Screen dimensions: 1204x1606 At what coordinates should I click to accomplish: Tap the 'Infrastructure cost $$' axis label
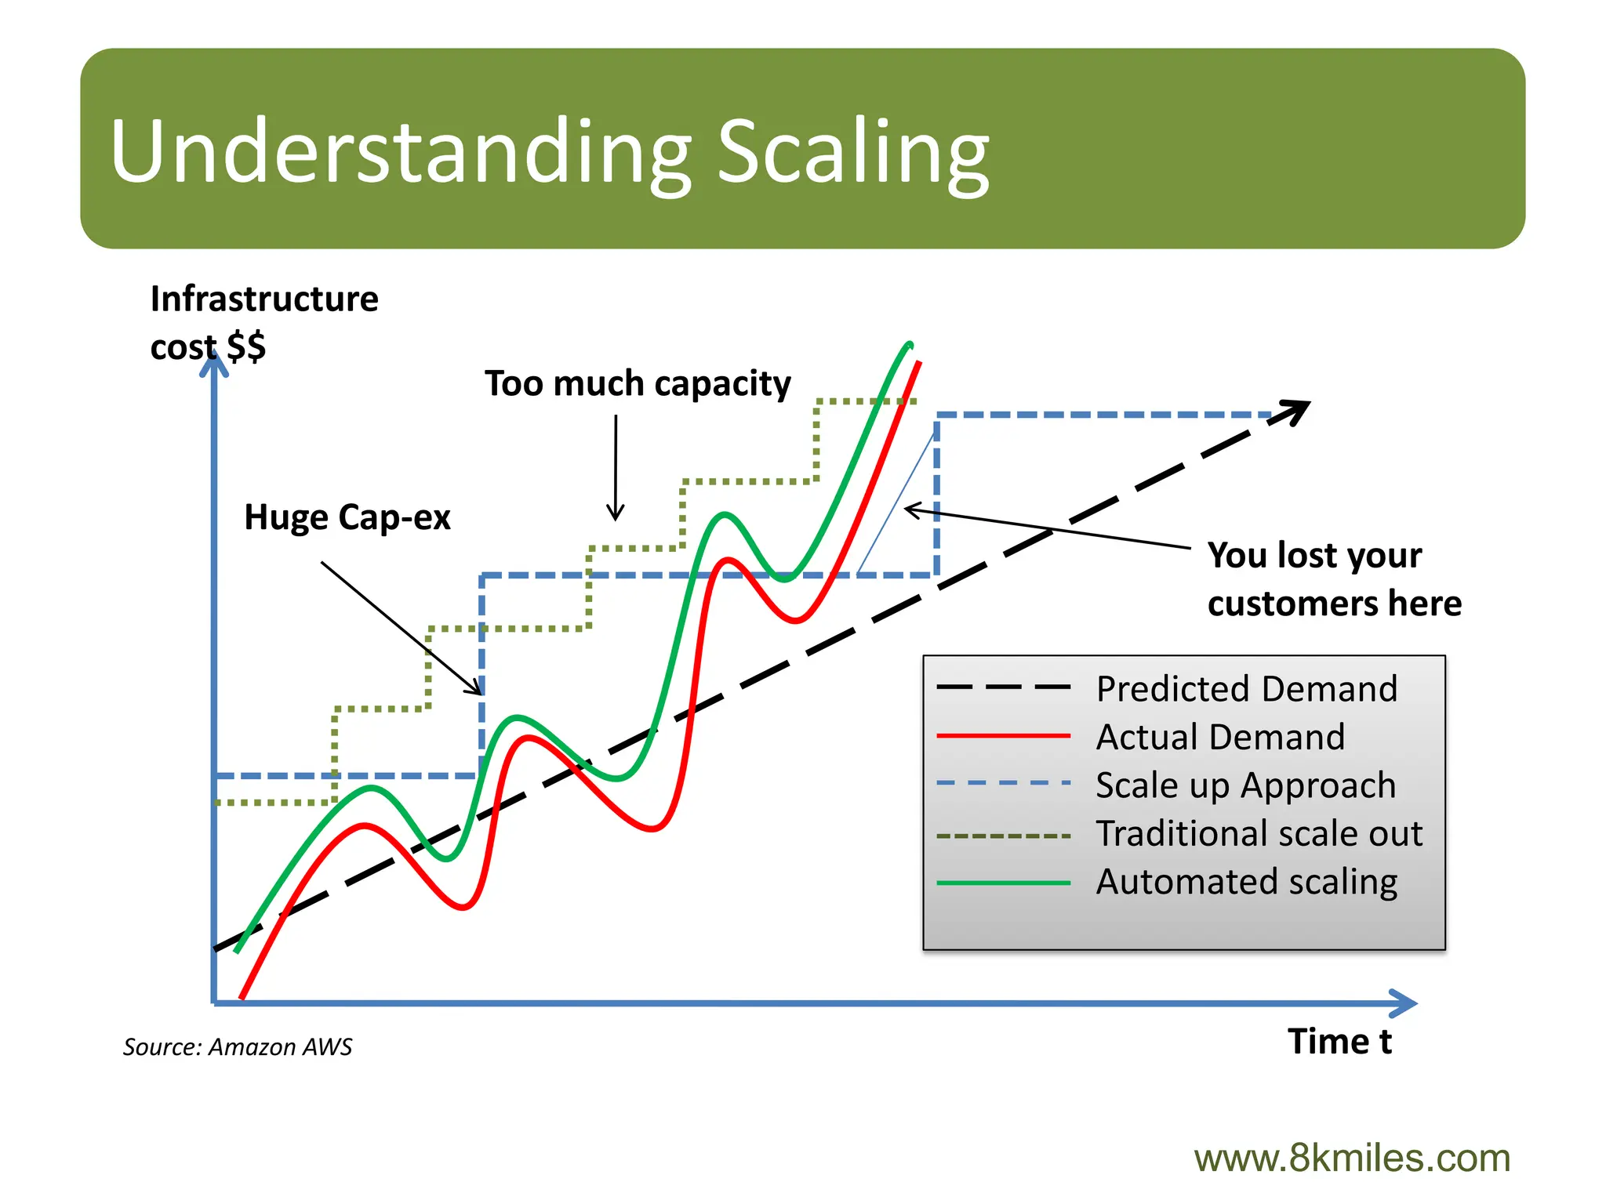[x=263, y=321]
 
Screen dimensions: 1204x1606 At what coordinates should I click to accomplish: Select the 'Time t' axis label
[x=1339, y=1042]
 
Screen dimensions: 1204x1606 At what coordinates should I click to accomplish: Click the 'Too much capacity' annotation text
[x=638, y=383]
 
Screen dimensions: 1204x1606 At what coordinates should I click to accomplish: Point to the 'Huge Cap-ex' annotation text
[x=347, y=517]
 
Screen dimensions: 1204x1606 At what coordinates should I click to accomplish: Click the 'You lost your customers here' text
[x=1333, y=578]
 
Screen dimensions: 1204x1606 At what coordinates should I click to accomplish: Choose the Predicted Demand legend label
[x=1246, y=689]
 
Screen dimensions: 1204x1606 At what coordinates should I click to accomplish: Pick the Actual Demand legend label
[x=1219, y=737]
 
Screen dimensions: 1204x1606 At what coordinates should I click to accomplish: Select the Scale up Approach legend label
[x=1245, y=785]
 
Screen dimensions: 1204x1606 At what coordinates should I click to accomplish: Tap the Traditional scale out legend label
[x=1259, y=833]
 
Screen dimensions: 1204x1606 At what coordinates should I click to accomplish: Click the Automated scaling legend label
[x=1246, y=882]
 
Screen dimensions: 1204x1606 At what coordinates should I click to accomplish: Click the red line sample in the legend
[x=1003, y=736]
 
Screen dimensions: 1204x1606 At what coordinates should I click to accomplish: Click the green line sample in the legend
[x=1003, y=883]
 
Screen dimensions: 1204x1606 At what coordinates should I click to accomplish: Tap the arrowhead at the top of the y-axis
[x=213, y=364]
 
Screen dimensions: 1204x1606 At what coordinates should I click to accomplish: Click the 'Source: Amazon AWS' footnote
[x=237, y=1046]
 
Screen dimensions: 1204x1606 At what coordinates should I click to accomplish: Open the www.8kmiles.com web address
[x=1351, y=1158]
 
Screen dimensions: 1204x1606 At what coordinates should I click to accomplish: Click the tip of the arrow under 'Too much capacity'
[x=616, y=518]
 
